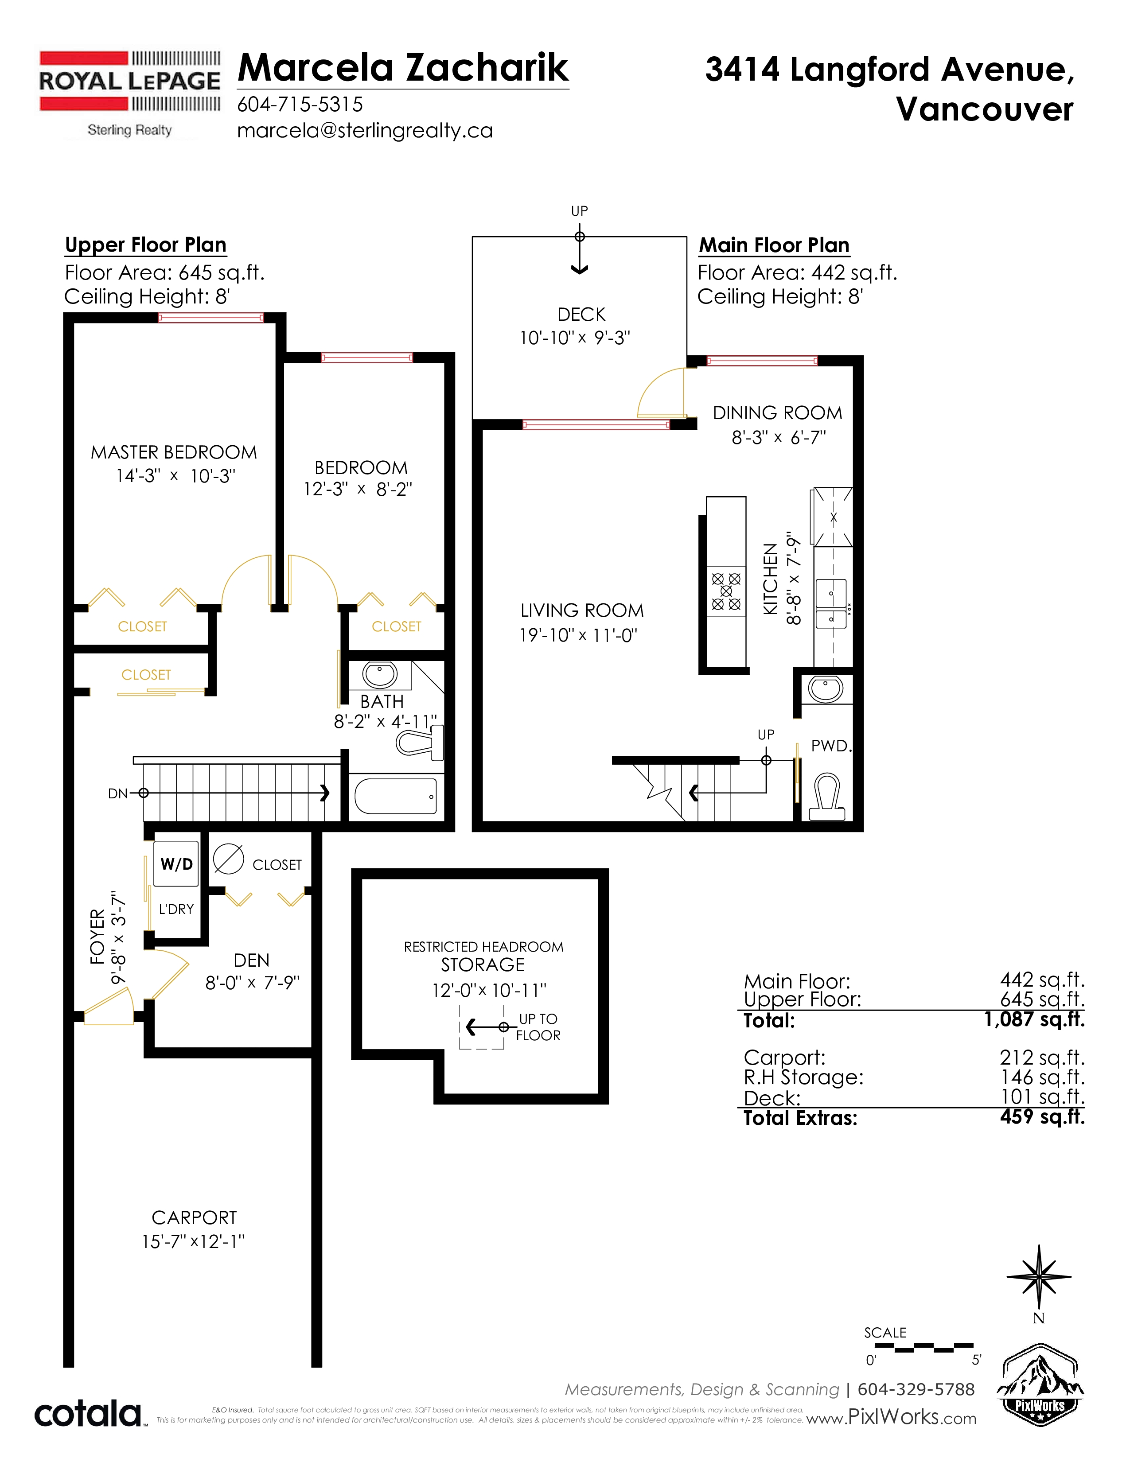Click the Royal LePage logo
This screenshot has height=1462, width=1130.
(x=130, y=94)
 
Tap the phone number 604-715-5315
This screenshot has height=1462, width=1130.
(x=300, y=105)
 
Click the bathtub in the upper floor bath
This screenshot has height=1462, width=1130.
(x=396, y=795)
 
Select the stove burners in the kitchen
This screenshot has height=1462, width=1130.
(x=726, y=591)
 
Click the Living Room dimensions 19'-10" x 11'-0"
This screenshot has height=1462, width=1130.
(x=578, y=635)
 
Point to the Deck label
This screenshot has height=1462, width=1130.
(x=581, y=315)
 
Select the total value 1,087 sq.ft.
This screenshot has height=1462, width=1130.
(x=1034, y=1019)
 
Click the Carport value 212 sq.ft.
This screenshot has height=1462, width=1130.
(x=1042, y=1058)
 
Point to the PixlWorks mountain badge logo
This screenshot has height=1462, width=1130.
(x=1040, y=1385)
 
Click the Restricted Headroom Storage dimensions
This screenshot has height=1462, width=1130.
(x=489, y=990)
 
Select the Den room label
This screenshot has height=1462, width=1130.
(x=252, y=960)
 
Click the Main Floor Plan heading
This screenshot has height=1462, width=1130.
(x=774, y=246)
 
